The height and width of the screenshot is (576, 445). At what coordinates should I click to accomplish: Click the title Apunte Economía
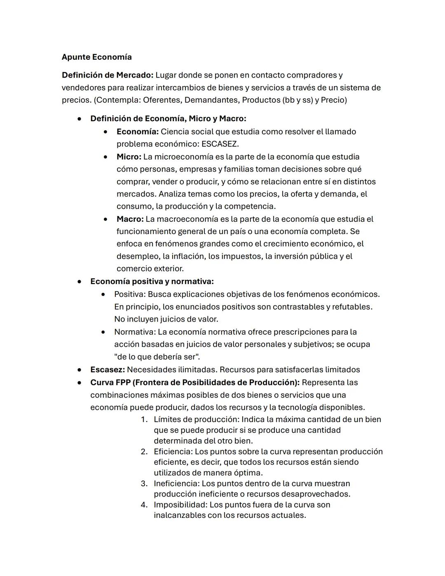[96, 57]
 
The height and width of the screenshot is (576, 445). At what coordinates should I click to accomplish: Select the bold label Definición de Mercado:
[107, 75]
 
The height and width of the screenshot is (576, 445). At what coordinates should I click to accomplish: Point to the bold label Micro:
[129, 157]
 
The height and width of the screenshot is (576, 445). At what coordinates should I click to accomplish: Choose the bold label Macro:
[130, 219]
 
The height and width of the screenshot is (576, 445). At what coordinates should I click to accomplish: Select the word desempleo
[137, 256]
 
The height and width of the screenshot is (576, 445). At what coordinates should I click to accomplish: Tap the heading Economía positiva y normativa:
[152, 281]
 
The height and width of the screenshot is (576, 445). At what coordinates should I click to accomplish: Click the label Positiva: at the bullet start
[130, 294]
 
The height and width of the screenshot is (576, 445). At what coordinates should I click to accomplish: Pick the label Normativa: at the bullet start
[135, 332]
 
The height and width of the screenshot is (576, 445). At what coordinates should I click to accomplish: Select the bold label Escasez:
[107, 369]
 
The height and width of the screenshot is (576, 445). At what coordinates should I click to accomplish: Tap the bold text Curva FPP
[110, 382]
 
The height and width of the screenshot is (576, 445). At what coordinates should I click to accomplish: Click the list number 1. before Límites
[144, 419]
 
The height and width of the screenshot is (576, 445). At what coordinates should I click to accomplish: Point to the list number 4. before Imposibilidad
[144, 505]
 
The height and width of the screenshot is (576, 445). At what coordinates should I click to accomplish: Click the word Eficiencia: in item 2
[173, 451]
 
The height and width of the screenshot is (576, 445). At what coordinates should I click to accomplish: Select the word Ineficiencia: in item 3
[176, 483]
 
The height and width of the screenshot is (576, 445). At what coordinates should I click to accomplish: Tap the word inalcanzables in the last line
[180, 515]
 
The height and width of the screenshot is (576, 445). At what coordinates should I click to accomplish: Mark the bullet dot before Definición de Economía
[79, 119]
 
